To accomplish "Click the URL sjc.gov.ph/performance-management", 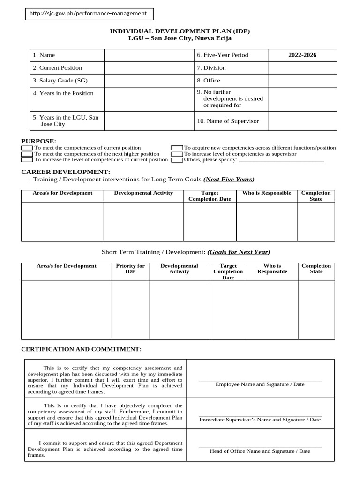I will pyautogui.click(x=88, y=14).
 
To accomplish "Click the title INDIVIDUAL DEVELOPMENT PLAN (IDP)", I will pyautogui.click(x=180, y=31).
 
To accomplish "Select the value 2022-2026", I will pyautogui.click(x=302, y=55).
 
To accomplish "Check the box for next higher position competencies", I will pyautogui.click(x=27, y=154).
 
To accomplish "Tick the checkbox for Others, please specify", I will pyautogui.click(x=177, y=160).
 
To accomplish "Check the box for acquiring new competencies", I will pyautogui.click(x=177, y=148).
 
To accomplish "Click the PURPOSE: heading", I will pyautogui.click(x=39, y=141).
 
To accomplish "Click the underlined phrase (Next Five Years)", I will pyautogui.click(x=229, y=179).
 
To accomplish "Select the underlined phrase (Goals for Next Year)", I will pyautogui.click(x=239, y=252).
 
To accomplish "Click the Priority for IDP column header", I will pyautogui.click(x=130, y=269).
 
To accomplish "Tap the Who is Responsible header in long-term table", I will pyautogui.click(x=266, y=193).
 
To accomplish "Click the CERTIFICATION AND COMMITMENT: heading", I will pyautogui.click(x=81, y=349).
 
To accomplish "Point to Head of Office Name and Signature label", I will pyautogui.click(x=260, y=451).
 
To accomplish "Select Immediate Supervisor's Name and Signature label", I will pyautogui.click(x=260, y=420).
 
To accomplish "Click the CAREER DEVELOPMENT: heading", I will pyautogui.click(x=66, y=172).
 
